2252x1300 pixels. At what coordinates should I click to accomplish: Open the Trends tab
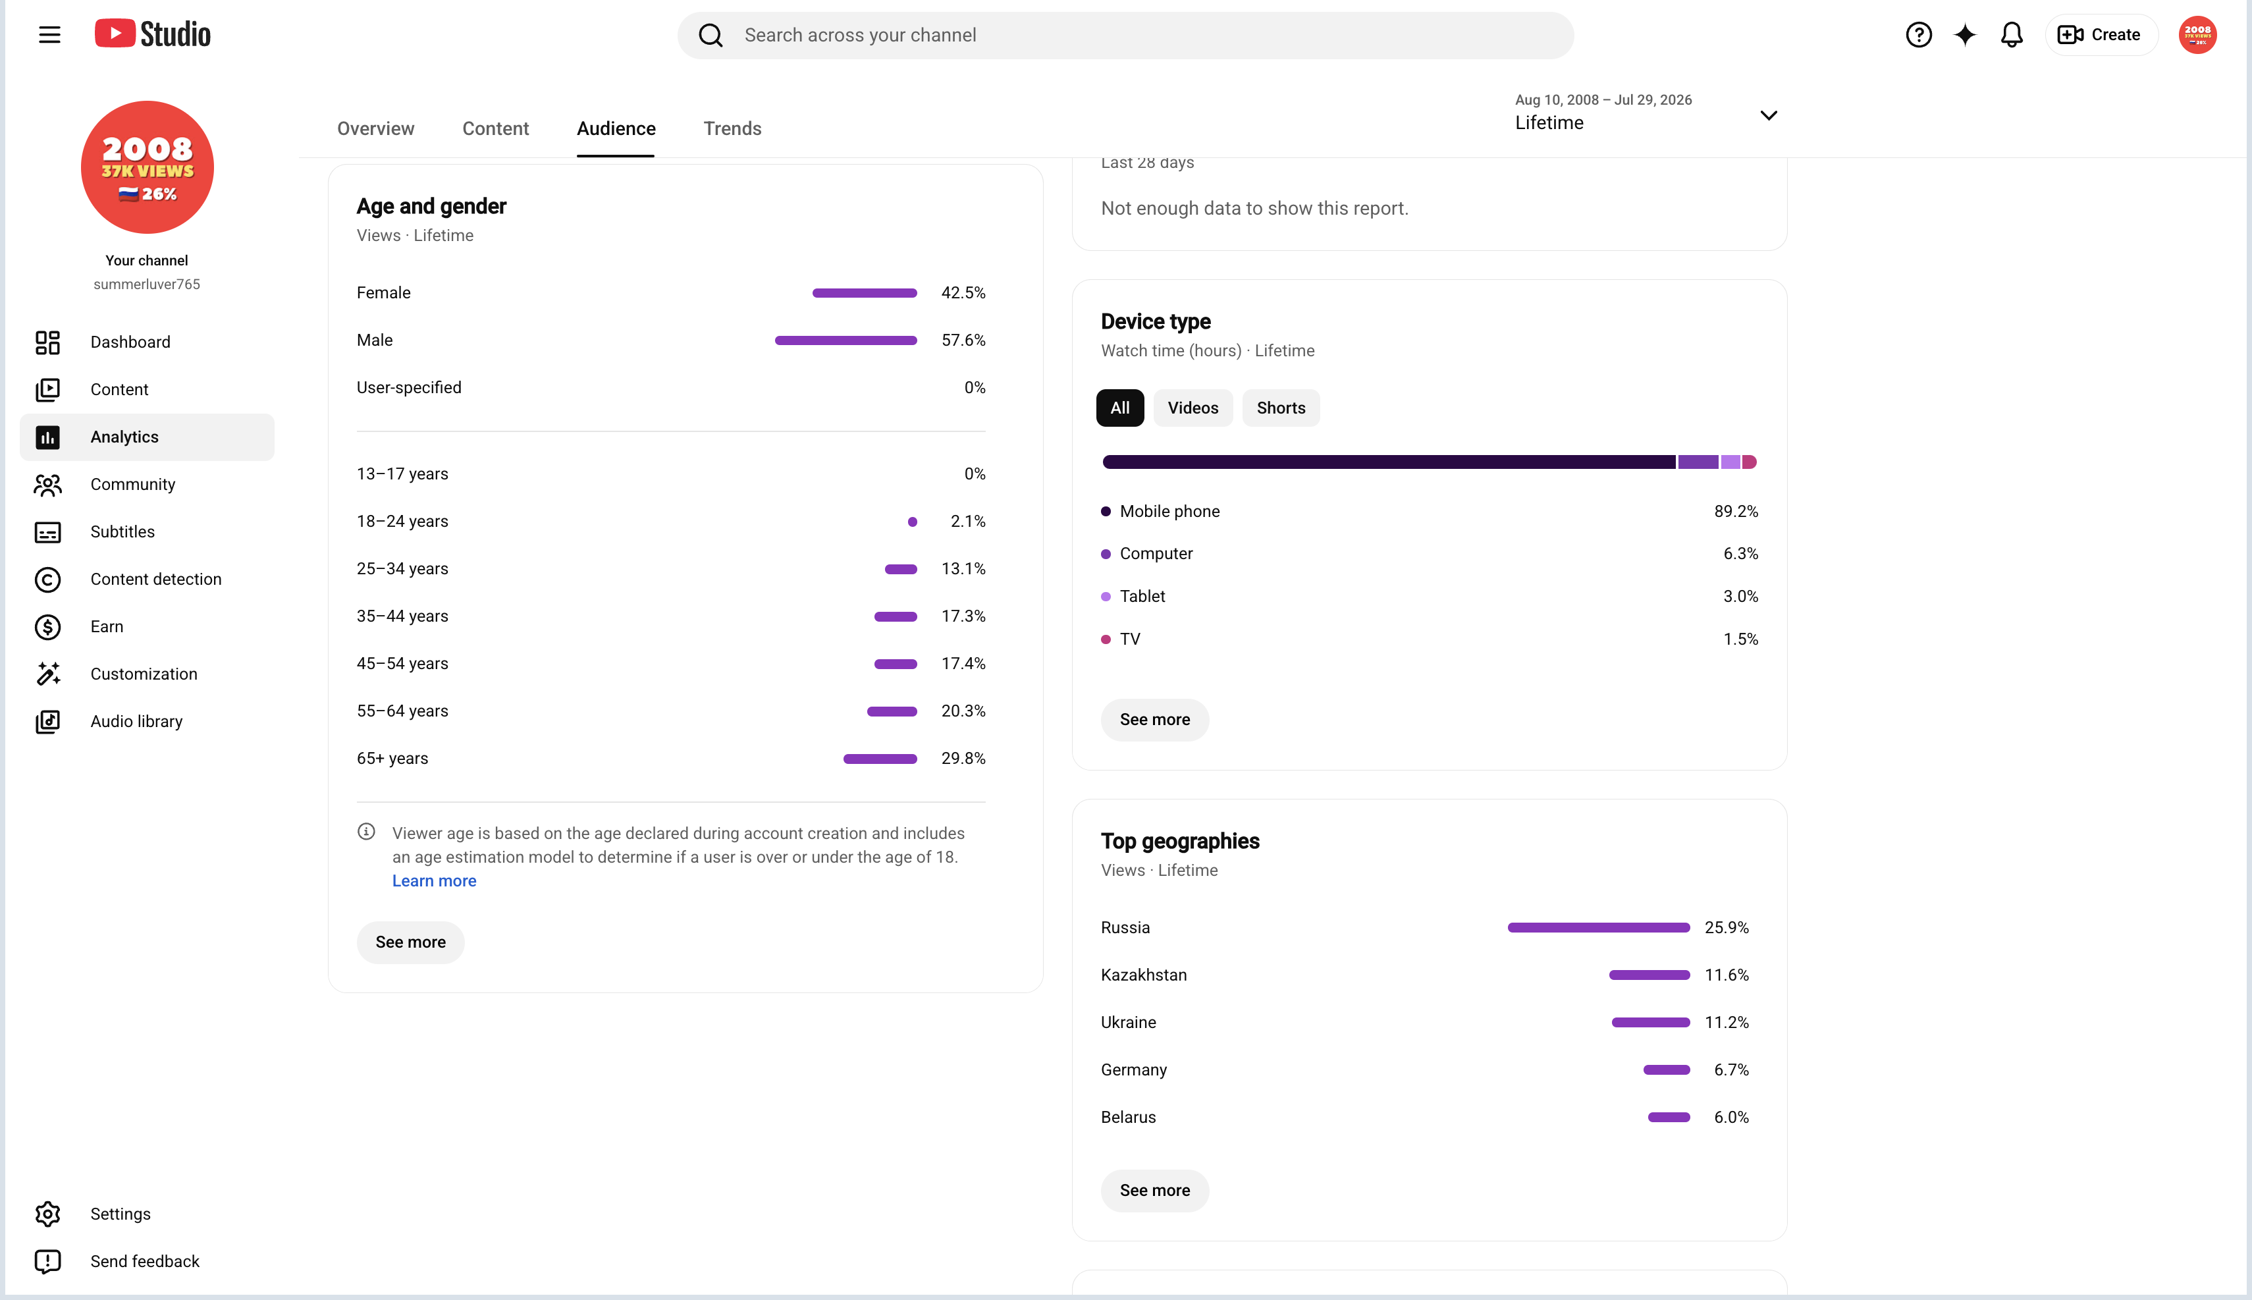click(x=732, y=128)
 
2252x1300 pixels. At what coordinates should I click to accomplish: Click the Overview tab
click(x=376, y=128)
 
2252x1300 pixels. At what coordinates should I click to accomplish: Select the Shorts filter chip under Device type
click(x=1281, y=408)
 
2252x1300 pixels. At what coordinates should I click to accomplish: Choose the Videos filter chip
click(x=1193, y=408)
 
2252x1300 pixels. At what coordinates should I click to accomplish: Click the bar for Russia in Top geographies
click(x=1599, y=928)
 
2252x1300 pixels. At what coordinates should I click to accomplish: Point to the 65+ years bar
click(x=880, y=759)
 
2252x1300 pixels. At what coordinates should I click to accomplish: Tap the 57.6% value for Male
click(x=963, y=340)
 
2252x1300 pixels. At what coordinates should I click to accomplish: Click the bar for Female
click(x=864, y=293)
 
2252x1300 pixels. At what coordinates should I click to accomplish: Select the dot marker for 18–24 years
click(x=912, y=522)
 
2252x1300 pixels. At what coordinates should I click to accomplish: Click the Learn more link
click(x=434, y=880)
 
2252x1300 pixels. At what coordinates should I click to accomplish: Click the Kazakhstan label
click(x=1143, y=975)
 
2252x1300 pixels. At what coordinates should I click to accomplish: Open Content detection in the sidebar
click(x=155, y=580)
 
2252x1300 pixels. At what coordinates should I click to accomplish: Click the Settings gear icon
click(x=47, y=1214)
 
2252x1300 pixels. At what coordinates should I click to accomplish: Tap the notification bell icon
click(x=2011, y=35)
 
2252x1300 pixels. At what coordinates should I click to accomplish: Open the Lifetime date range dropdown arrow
click(x=1768, y=115)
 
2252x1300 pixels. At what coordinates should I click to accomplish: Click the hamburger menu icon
click(x=49, y=35)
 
